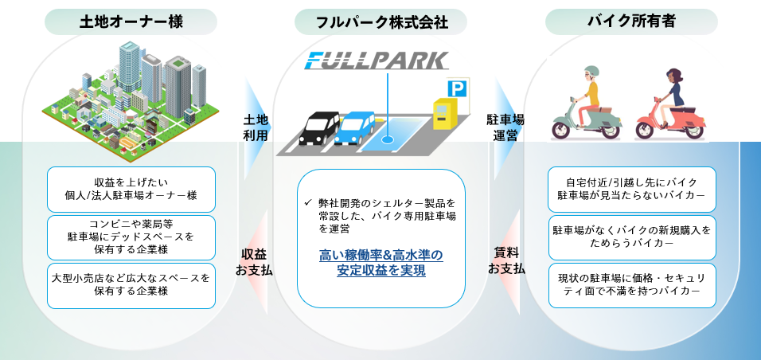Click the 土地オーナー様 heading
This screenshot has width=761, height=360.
[x=131, y=22]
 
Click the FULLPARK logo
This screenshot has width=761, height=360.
[x=378, y=61]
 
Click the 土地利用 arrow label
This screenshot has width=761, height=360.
[x=256, y=127]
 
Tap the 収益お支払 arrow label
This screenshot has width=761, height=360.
[x=256, y=262]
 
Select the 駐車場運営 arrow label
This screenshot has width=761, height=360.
[x=505, y=127]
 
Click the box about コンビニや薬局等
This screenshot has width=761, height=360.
[x=131, y=237]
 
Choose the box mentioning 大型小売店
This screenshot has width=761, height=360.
[x=131, y=285]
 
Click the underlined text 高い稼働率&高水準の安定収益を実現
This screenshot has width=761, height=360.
[x=380, y=262]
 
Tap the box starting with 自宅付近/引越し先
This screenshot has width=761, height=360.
[x=632, y=188]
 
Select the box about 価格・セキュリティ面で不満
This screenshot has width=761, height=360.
[x=632, y=285]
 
